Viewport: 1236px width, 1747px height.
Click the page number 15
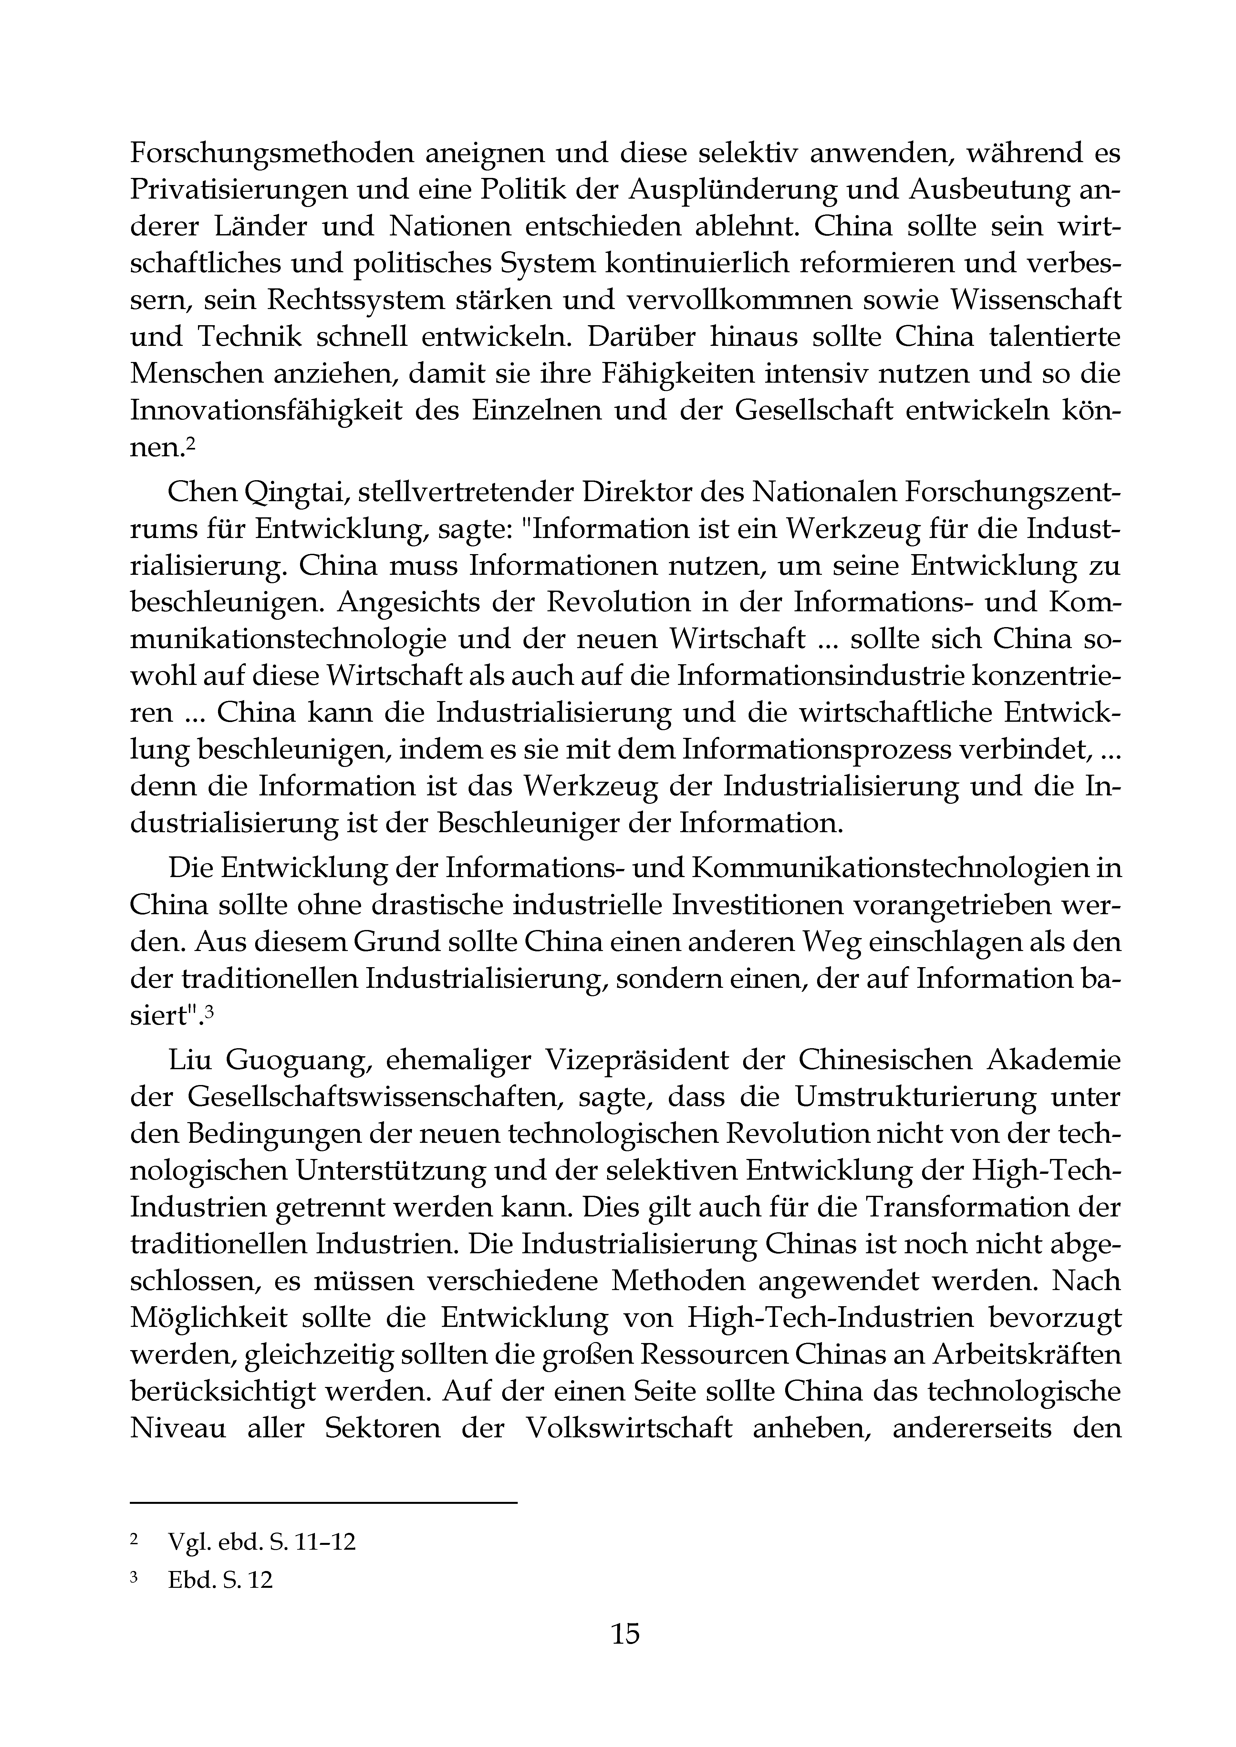tap(625, 1634)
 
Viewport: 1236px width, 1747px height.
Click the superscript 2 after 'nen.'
tap(192, 445)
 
